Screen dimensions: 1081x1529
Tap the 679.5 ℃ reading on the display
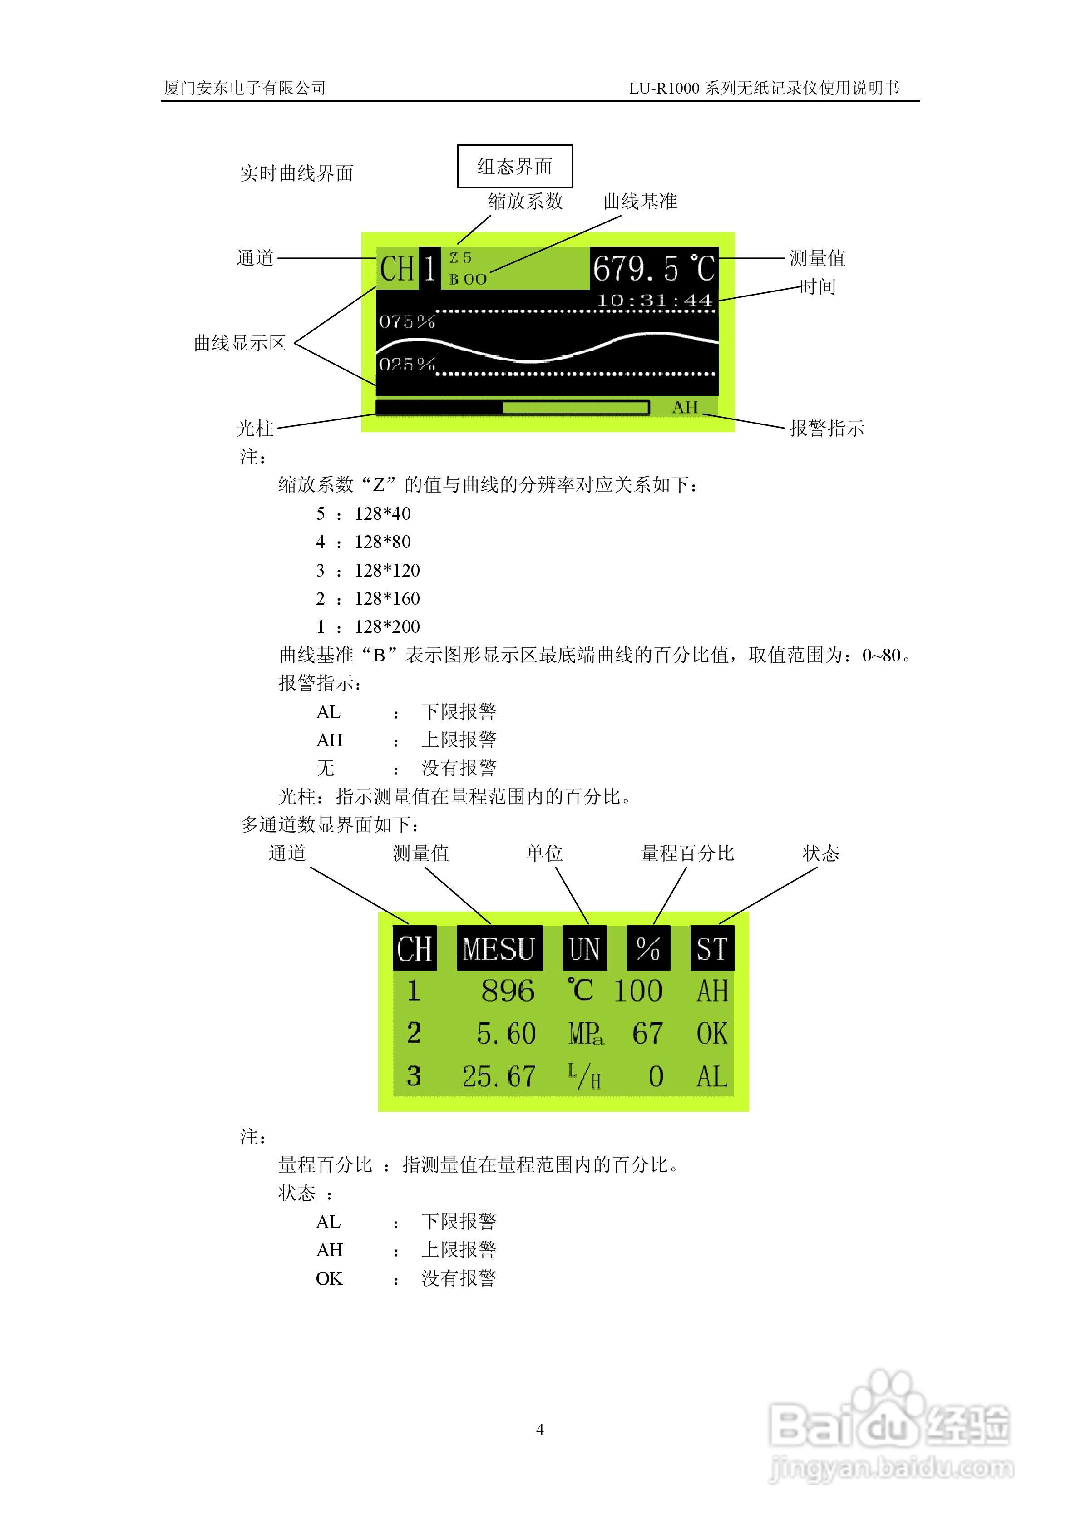[653, 269]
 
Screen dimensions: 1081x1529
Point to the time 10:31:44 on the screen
[654, 301]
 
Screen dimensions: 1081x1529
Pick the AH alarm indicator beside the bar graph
[685, 407]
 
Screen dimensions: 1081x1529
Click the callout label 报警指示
[826, 428]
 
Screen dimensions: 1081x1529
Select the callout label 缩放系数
[525, 201]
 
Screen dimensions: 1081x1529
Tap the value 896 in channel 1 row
[508, 991]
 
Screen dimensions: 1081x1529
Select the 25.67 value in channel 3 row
[499, 1076]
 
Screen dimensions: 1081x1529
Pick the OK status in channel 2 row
[711, 1034]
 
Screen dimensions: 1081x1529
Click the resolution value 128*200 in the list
[387, 626]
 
